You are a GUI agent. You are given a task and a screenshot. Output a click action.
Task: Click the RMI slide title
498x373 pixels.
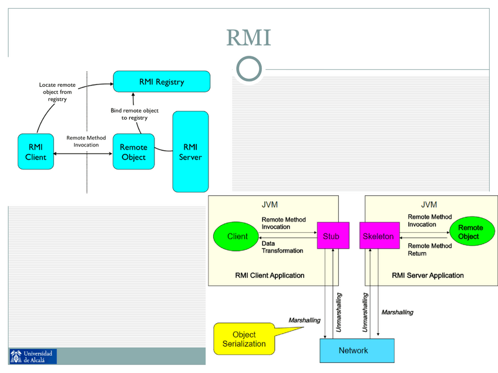pyautogui.click(x=248, y=38)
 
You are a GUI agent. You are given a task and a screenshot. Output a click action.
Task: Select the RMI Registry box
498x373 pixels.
pyautogui.click(x=161, y=82)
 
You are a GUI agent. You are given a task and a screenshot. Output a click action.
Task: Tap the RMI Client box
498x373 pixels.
pyautogui.click(x=35, y=152)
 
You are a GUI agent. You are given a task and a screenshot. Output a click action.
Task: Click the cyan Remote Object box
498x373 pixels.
pyautogui.click(x=133, y=152)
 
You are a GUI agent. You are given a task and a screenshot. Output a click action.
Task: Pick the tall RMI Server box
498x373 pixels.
pyautogui.click(x=190, y=152)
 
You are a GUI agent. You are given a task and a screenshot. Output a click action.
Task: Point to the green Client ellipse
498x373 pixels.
pyautogui.click(x=237, y=236)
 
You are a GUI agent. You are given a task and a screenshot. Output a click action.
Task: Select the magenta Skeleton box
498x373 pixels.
pyautogui.click(x=378, y=236)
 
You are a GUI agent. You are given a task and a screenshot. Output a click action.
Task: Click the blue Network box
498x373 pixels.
pyautogui.click(x=354, y=350)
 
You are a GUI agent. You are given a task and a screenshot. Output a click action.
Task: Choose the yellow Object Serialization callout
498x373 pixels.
pyautogui.click(x=244, y=339)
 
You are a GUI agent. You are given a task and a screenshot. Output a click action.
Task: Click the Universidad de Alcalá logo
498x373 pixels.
pyautogui.click(x=33, y=356)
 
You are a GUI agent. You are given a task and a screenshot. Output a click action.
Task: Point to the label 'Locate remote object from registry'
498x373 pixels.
pyautogui.click(x=57, y=92)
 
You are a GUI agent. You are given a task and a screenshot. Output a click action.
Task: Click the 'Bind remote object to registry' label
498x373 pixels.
pyautogui.click(x=134, y=114)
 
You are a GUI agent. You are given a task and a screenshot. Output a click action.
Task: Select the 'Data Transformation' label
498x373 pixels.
pyautogui.click(x=282, y=247)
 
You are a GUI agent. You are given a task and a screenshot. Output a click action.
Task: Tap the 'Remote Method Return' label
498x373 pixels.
pyautogui.click(x=430, y=249)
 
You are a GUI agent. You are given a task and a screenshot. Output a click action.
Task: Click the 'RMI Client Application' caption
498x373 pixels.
pyautogui.click(x=270, y=274)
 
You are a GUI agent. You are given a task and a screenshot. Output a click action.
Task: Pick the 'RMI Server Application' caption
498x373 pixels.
pyautogui.click(x=428, y=274)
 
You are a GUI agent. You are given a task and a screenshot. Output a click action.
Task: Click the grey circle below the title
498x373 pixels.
pyautogui.click(x=249, y=69)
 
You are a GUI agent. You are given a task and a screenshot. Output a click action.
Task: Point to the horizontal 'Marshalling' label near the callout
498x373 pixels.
pyautogui.click(x=304, y=320)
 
